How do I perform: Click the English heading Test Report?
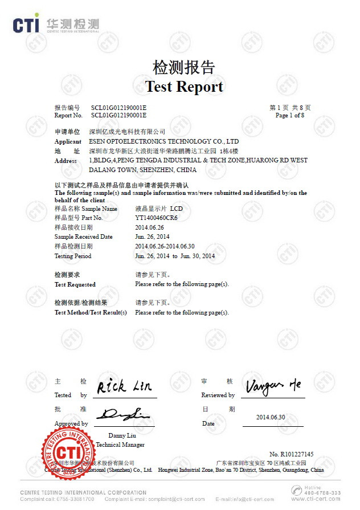pos(184,87)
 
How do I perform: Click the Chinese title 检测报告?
pos(183,67)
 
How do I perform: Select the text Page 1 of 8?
pos(289,115)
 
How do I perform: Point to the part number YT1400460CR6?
pos(157,218)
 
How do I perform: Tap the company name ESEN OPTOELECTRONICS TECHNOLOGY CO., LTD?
pos(164,141)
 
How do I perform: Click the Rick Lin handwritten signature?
pos(124,387)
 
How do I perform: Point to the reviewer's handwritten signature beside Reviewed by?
pos(273,387)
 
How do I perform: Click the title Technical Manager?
pos(120,444)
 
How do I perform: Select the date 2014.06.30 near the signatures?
pos(270,417)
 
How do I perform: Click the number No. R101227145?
pos(291,454)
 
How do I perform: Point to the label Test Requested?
pos(75,284)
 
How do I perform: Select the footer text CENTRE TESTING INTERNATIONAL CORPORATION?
pos(83,492)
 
